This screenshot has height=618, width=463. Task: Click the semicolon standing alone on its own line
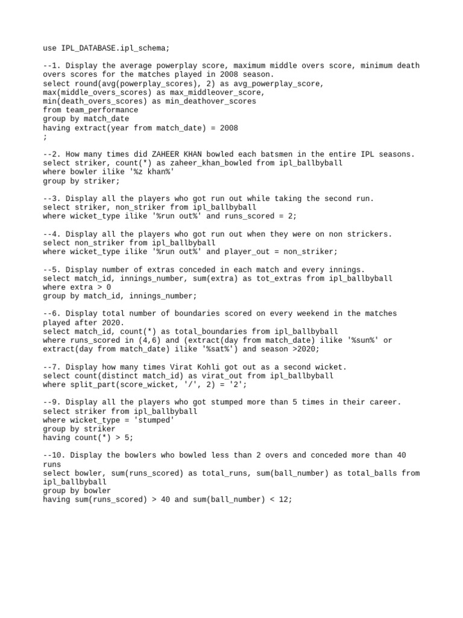click(45, 137)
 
